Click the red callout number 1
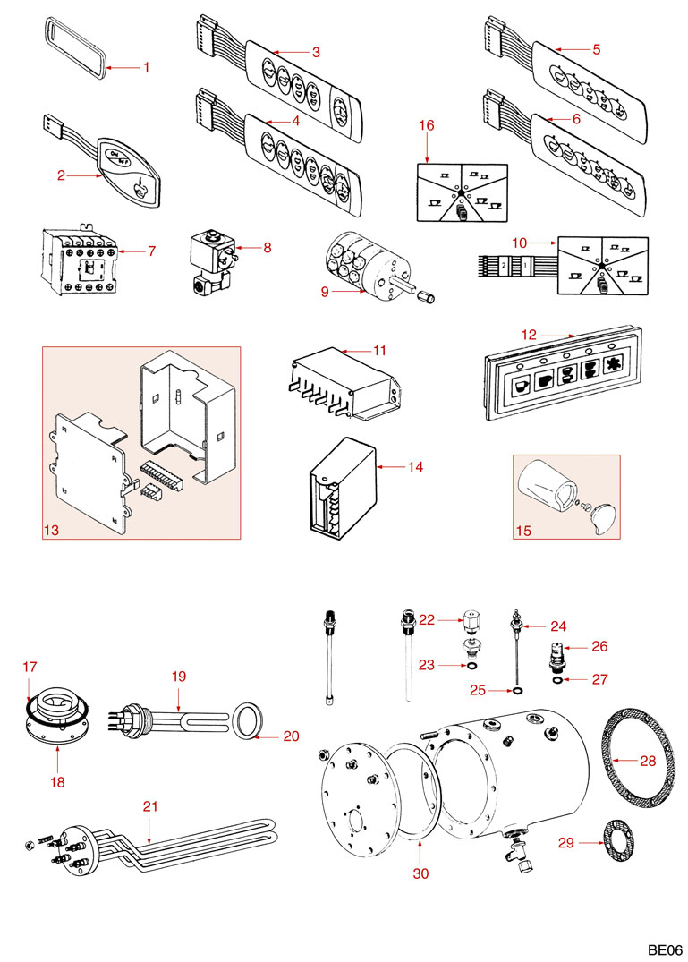[x=148, y=67]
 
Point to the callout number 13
[x=52, y=531]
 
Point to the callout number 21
[x=150, y=806]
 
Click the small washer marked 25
[x=516, y=692]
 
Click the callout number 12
[x=529, y=335]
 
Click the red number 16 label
[x=427, y=125]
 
